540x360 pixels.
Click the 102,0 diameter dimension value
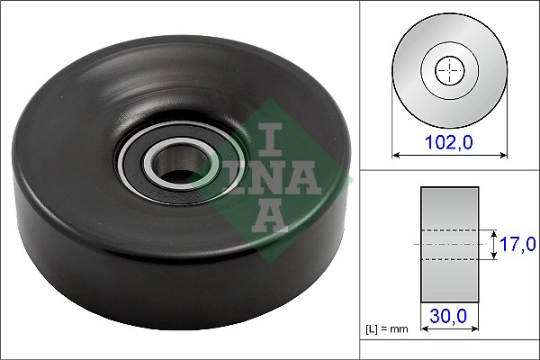(446, 141)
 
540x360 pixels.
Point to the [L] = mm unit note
(388, 329)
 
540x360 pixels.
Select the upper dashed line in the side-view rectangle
(449, 229)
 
